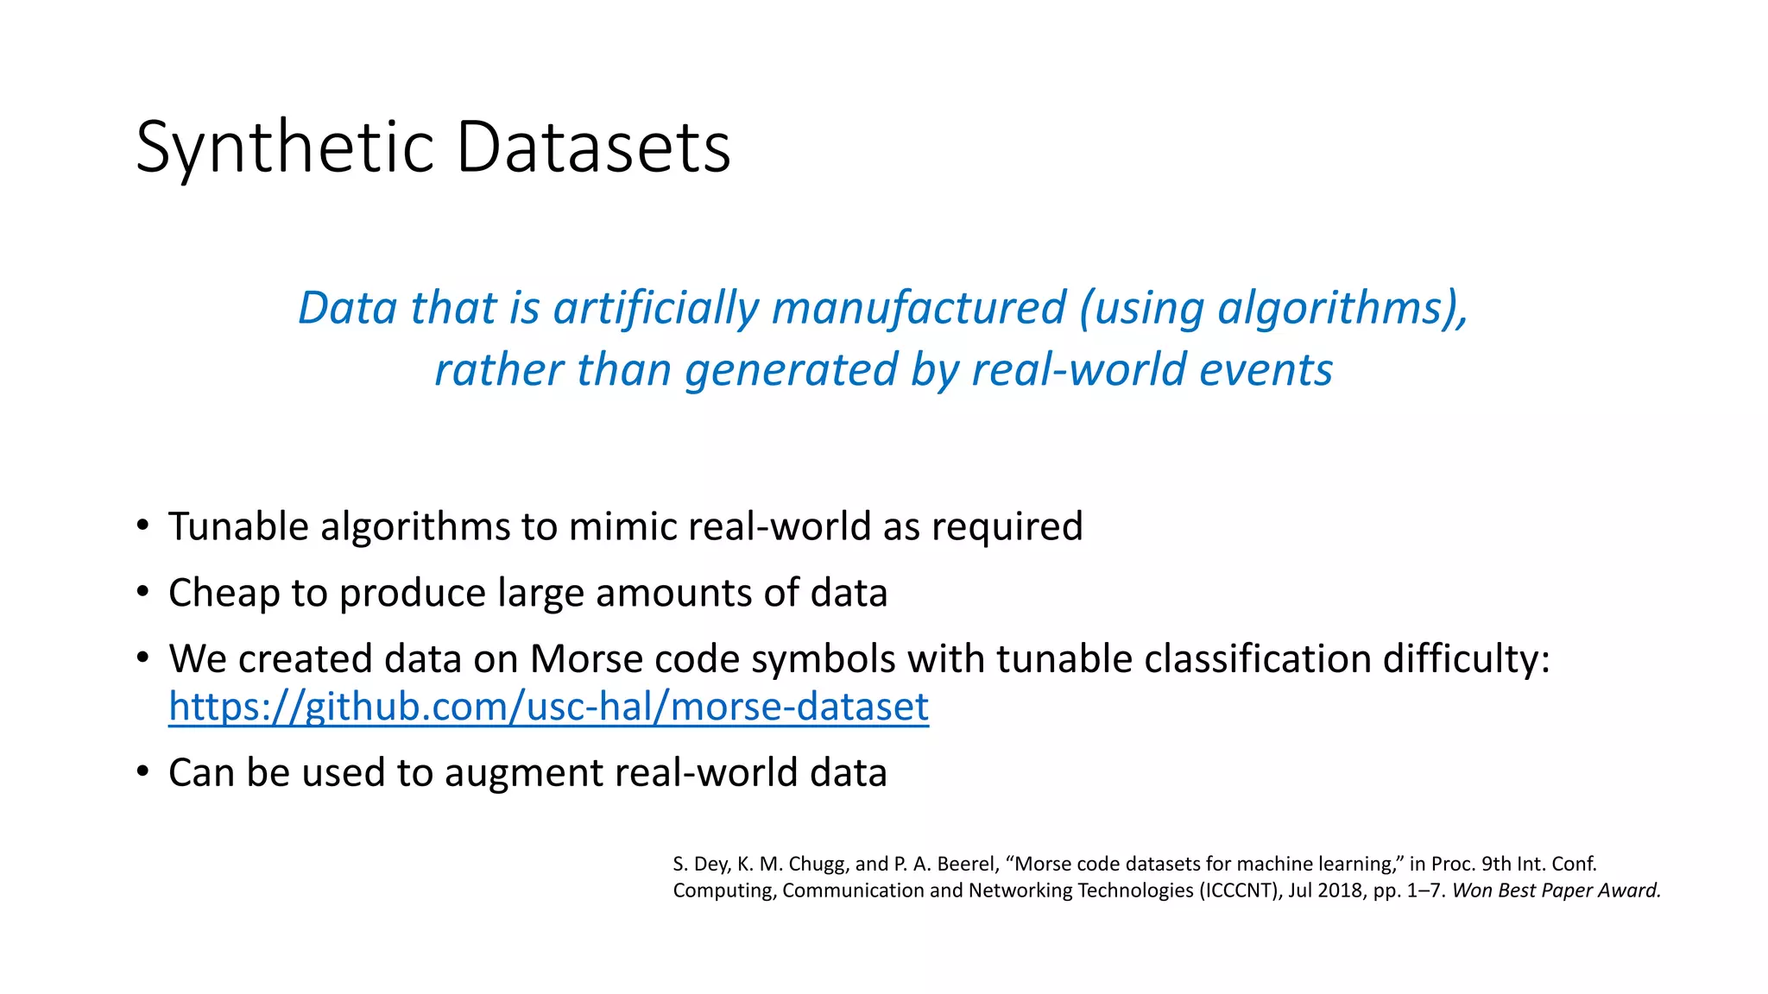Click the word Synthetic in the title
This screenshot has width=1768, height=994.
(284, 148)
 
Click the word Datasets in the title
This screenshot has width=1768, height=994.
(593, 148)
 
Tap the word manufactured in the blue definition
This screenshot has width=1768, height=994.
(919, 308)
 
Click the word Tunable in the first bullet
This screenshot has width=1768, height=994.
(238, 526)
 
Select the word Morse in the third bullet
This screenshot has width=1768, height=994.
(586, 658)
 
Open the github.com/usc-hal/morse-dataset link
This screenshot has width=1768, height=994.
(548, 706)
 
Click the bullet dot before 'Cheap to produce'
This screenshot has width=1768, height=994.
(142, 593)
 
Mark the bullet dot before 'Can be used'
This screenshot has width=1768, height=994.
(142, 772)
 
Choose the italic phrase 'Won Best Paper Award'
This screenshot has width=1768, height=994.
(1556, 890)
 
